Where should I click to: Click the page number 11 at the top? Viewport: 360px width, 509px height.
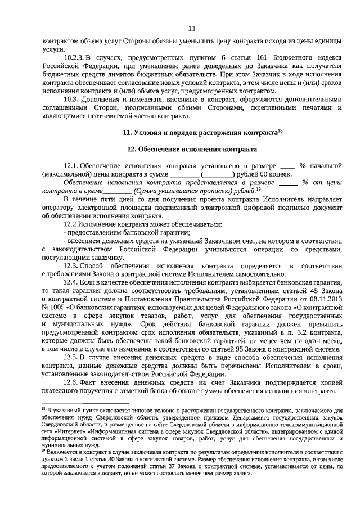[191, 29]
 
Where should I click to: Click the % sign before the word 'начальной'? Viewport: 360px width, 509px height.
[301, 166]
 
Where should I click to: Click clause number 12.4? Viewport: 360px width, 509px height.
[70, 282]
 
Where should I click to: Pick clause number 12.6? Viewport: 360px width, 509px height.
[70, 382]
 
